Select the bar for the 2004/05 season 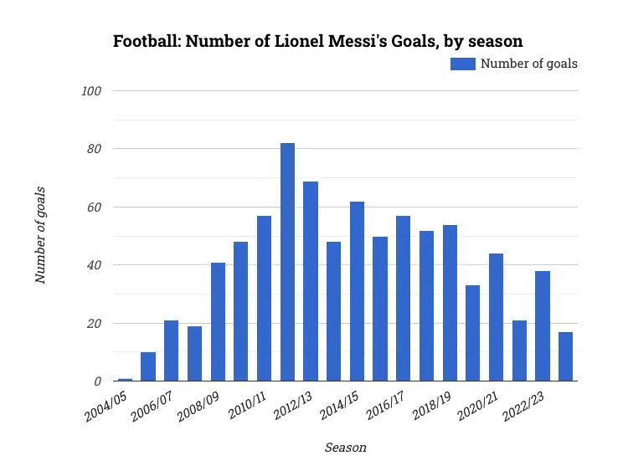pyautogui.click(x=125, y=380)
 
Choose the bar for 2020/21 pyautogui.click(x=497, y=317)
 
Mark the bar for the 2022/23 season pyautogui.click(x=543, y=326)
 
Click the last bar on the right pyautogui.click(x=566, y=356)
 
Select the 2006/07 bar pyautogui.click(x=171, y=351)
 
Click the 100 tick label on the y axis pyautogui.click(x=91, y=90)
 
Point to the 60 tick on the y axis pyautogui.click(x=95, y=207)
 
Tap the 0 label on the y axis pyautogui.click(x=98, y=381)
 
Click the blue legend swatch pyautogui.click(x=462, y=63)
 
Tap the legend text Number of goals pyautogui.click(x=528, y=63)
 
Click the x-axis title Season pyautogui.click(x=345, y=448)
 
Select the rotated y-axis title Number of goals pyautogui.click(x=40, y=235)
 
